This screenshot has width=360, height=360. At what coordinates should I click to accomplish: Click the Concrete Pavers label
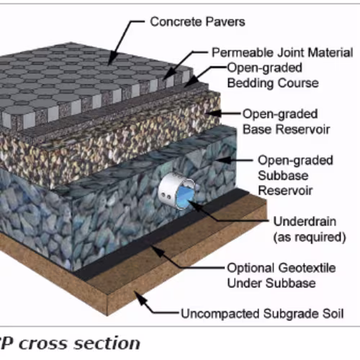pos(197,22)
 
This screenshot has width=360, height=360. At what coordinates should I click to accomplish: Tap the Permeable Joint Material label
pos(282,53)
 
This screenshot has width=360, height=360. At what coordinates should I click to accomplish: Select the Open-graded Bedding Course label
pos(273,76)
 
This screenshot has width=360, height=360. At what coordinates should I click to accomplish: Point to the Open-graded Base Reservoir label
pos(286,122)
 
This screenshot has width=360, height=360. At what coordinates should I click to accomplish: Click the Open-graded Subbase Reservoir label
pos(295,176)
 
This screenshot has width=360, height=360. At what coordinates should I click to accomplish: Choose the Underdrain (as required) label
pos(310,229)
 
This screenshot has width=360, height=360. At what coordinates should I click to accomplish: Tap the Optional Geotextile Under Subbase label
pos(282,276)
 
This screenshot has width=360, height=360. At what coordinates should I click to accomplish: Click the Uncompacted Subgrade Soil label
pos(262,314)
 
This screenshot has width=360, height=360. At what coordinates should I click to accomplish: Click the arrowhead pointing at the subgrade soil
pos(139,297)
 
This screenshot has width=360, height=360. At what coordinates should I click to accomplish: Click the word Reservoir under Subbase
pos(285,191)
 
